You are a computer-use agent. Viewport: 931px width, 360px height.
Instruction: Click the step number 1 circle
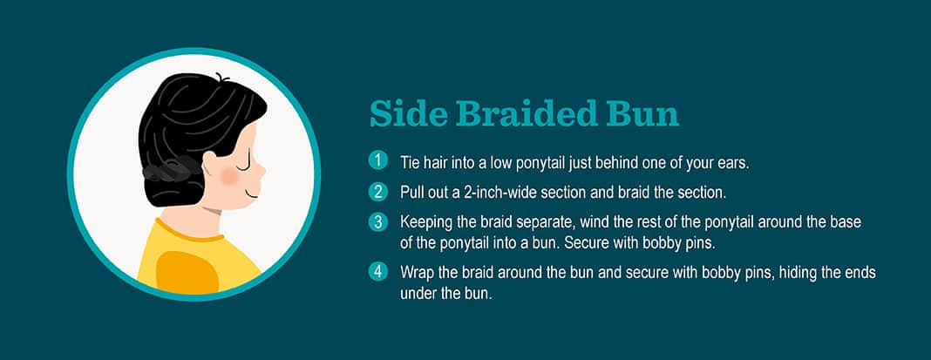[x=377, y=161]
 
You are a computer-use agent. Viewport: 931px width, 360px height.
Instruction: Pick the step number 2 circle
[x=377, y=192]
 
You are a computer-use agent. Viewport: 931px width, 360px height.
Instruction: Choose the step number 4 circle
[x=377, y=272]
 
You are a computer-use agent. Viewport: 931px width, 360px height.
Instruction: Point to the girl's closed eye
[x=245, y=158]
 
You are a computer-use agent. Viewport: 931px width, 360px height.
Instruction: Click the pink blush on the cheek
[x=229, y=175]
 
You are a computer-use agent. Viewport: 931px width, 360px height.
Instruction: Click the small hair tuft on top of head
[x=222, y=78]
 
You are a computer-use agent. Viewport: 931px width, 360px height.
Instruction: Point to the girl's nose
[x=262, y=173]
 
